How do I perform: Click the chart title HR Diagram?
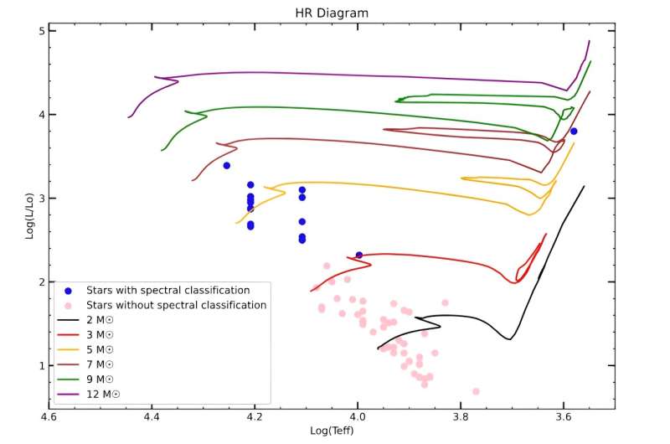pyautogui.click(x=332, y=13)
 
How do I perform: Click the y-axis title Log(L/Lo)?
pyautogui.click(x=29, y=215)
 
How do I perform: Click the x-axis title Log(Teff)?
pyautogui.click(x=332, y=431)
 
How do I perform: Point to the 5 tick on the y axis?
pyautogui.click(x=41, y=30)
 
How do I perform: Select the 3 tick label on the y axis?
pyautogui.click(x=41, y=199)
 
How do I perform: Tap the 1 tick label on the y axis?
pyautogui.click(x=41, y=366)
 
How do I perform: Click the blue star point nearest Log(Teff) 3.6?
pyautogui.click(x=574, y=131)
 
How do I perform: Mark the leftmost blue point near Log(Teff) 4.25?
pyautogui.click(x=226, y=165)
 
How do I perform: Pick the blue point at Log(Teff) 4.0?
pyautogui.click(x=359, y=255)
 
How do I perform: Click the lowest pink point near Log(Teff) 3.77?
pyautogui.click(x=476, y=391)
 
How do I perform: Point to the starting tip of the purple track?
pyautogui.click(x=128, y=116)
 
